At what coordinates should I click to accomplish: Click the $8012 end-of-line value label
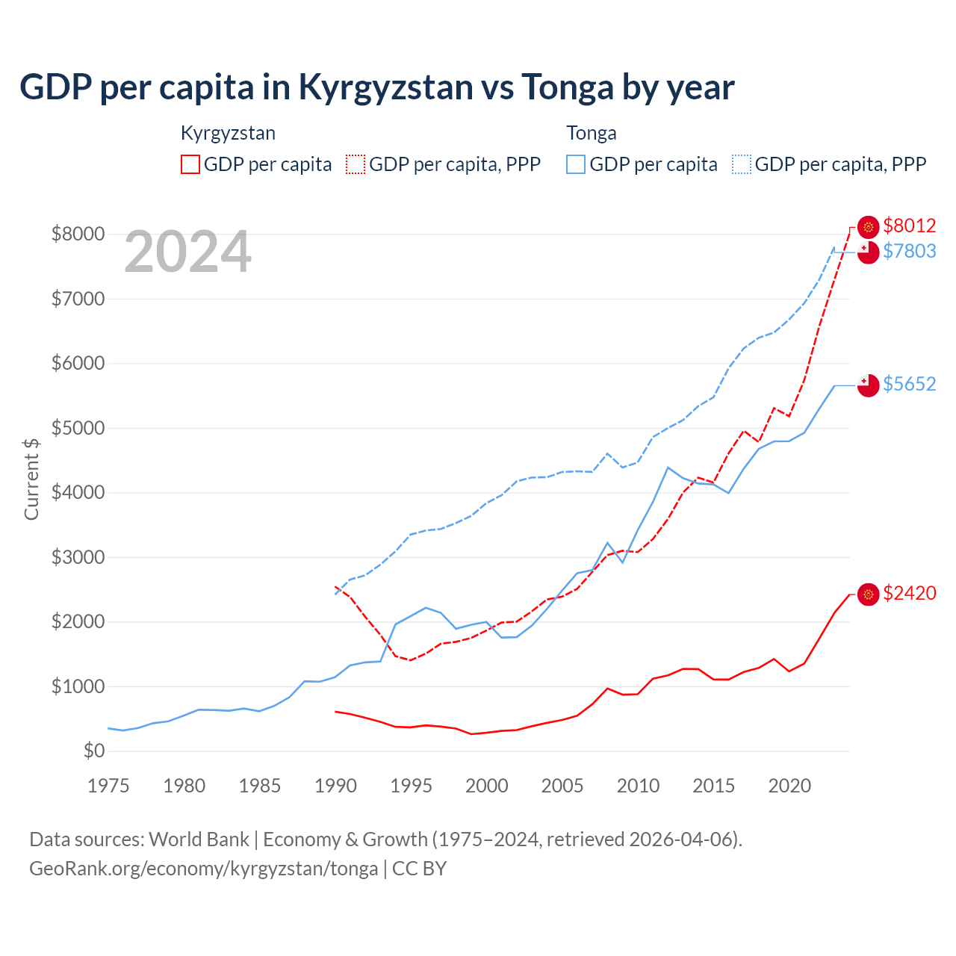[x=909, y=226]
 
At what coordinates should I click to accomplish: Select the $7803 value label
[x=909, y=251]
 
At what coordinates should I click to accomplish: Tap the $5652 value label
[x=909, y=384]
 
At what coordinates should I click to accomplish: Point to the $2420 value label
[x=909, y=593]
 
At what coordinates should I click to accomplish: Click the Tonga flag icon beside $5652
[x=868, y=385]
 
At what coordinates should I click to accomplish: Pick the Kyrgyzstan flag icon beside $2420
[x=868, y=595]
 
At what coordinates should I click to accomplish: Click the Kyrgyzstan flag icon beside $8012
[x=868, y=227]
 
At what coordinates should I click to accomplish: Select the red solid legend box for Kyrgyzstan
[x=190, y=164]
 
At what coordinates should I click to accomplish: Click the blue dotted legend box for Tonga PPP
[x=742, y=164]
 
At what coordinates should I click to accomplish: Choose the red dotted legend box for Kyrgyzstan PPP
[x=356, y=164]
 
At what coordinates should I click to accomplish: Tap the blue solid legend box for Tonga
[x=576, y=164]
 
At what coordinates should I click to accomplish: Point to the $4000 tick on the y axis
[x=78, y=493]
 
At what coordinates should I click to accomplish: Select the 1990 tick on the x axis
[x=335, y=786]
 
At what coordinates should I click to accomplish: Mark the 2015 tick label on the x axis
[x=713, y=786]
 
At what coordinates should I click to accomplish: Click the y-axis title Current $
[x=31, y=479]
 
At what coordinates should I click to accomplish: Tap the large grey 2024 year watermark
[x=187, y=252]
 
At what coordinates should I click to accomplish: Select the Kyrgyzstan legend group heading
[x=228, y=133]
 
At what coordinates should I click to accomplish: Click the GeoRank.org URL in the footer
[x=203, y=869]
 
